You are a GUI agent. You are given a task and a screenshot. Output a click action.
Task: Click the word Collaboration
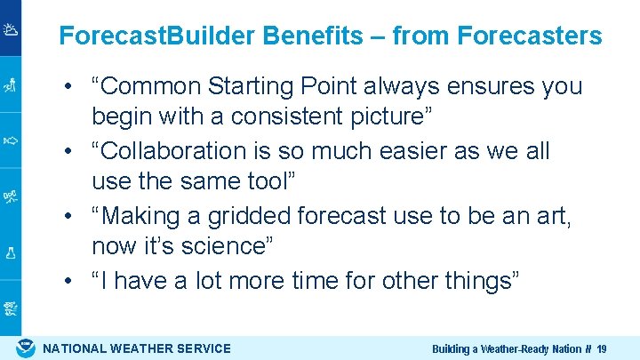pos(180,151)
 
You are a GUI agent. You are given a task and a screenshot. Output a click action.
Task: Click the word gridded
pos(251,216)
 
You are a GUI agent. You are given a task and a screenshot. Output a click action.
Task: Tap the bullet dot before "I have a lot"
pos(68,281)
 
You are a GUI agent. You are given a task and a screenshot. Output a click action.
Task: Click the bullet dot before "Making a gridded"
pos(68,216)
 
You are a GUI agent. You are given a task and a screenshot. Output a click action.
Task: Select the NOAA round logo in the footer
pos(25,348)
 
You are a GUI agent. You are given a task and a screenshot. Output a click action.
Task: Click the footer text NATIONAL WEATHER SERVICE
pos(137,348)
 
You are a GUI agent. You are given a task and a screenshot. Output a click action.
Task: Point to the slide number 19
pos(602,349)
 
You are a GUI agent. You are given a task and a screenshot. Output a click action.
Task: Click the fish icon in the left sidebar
pos(11,140)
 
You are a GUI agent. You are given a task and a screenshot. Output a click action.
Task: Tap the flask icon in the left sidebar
pos(11,252)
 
